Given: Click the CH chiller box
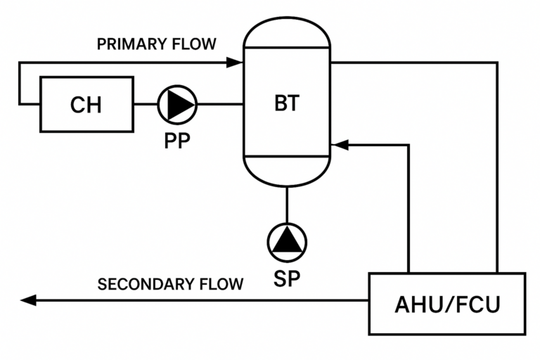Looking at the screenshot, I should point(86,105).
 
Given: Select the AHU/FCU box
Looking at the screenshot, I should point(447,304).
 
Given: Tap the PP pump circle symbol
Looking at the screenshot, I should point(177,104).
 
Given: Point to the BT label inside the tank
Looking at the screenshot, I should point(286,103).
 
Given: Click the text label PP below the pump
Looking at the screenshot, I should point(177,141).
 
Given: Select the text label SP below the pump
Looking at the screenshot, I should point(287,278).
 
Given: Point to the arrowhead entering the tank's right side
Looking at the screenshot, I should point(339,146).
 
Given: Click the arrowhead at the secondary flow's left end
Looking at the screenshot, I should point(28,300).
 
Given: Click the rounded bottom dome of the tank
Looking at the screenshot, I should point(286,172).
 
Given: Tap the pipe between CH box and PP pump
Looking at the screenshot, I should point(146,104).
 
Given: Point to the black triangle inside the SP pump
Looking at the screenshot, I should point(287,242).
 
